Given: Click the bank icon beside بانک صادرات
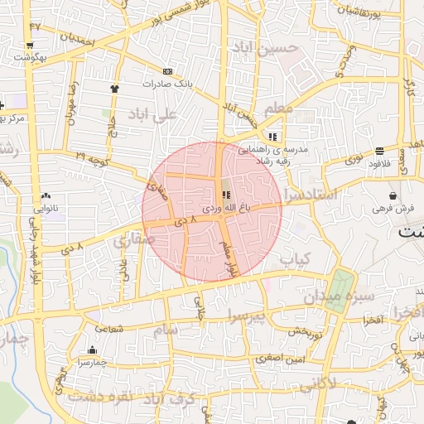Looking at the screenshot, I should coord(168,72).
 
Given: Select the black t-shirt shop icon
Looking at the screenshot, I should coord(114,88).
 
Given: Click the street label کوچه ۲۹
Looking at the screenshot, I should coord(93,156).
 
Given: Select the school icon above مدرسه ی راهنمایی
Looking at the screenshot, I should coord(272,137).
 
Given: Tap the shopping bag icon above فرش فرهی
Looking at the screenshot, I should coord(391,196).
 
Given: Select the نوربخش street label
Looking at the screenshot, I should coord(304,330).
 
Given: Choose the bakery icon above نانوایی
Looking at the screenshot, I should coord(46,195).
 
